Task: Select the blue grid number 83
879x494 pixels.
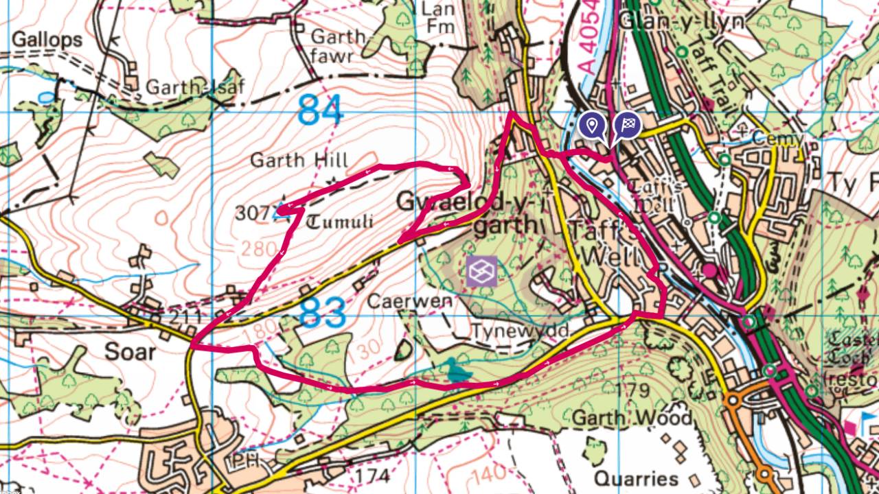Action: click(322, 314)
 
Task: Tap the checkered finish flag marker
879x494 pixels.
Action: click(627, 126)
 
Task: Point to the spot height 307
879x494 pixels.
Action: click(249, 213)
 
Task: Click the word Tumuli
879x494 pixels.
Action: click(340, 222)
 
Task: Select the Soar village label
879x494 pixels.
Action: click(130, 352)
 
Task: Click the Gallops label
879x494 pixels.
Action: click(47, 40)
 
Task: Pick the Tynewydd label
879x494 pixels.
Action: click(521, 331)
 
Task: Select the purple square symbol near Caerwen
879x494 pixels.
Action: click(481, 271)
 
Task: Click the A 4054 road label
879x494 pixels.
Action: click(586, 45)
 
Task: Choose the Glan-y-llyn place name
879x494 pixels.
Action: click(681, 21)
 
